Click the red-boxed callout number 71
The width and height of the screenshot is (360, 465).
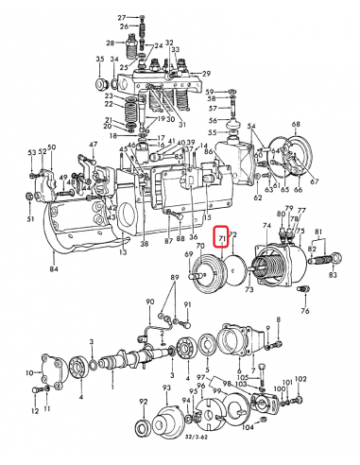[x=223, y=239]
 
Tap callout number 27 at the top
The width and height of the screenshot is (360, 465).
[x=122, y=18]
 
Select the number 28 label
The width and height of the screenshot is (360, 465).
[x=111, y=43]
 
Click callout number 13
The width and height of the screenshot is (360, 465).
[x=122, y=253]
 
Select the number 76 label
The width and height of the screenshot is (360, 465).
[x=304, y=311]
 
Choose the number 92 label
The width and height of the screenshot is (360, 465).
[x=143, y=403]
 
